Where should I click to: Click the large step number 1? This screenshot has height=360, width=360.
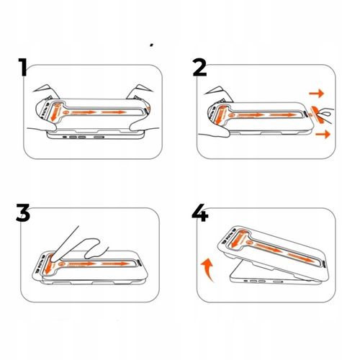23,67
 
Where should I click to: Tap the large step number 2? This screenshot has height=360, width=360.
199,68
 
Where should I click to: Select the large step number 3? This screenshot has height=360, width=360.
23,212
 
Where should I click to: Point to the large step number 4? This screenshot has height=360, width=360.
200,212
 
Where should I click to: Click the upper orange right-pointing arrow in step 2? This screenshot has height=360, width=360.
317,94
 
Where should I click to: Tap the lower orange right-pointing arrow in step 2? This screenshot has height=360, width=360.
323,134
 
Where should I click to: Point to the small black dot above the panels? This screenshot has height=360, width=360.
151,45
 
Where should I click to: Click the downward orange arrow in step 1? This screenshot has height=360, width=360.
54,112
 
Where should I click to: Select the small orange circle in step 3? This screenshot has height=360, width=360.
61,264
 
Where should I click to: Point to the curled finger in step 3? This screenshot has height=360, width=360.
94,248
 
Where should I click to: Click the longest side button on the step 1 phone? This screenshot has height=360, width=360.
99,138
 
